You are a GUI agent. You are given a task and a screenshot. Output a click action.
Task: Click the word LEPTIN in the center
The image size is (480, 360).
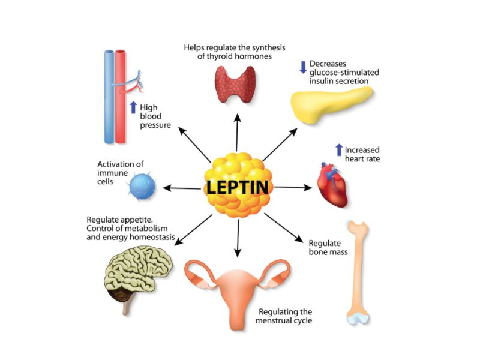tap(238, 187)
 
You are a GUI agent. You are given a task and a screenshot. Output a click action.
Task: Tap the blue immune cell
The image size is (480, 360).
tap(142, 187)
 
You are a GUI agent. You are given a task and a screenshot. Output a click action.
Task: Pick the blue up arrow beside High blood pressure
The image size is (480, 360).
tap(133, 108)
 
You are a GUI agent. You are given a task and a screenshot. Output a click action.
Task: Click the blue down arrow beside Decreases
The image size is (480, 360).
tap(303, 67)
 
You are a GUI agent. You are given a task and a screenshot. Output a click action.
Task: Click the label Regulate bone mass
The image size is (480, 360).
tap(328, 247)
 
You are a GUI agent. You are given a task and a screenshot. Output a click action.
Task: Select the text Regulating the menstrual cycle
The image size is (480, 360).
tap(285, 316)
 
